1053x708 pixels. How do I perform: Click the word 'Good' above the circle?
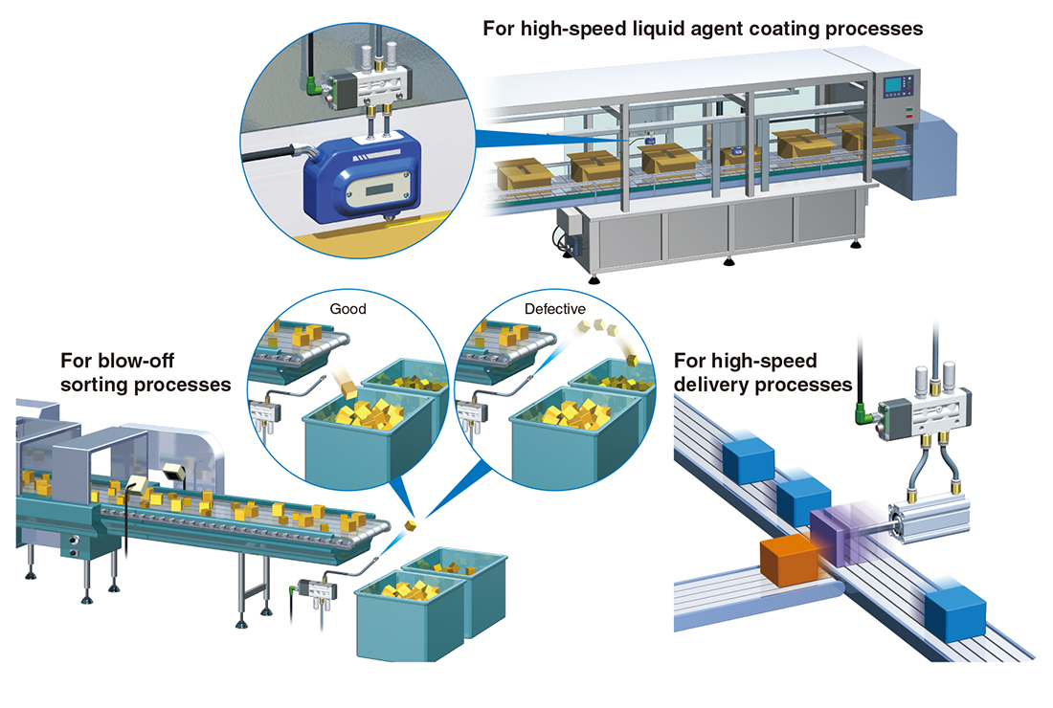(348, 309)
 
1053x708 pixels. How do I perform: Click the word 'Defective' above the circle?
(555, 309)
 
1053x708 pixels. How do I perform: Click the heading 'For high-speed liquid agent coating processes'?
(703, 29)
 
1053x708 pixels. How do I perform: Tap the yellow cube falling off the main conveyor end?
(411, 525)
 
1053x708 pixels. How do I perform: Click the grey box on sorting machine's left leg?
(72, 546)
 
